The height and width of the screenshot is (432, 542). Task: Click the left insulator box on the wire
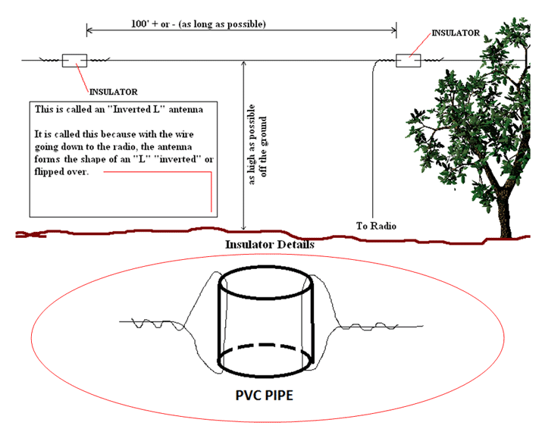[74, 61]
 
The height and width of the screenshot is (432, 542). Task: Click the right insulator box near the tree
[409, 61]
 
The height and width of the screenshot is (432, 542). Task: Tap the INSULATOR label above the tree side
[456, 33]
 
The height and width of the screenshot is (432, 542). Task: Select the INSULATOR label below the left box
[114, 92]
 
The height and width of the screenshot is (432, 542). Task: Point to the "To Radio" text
[376, 226]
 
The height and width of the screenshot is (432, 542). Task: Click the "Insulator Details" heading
[270, 245]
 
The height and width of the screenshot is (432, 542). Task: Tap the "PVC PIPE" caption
[264, 395]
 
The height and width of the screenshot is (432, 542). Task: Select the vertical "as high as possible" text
[252, 145]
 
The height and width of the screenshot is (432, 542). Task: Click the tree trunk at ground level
[506, 232]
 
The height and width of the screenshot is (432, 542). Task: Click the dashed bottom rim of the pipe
[265, 346]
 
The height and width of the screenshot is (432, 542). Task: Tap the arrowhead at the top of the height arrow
[243, 64]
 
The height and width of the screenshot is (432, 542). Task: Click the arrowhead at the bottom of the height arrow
[243, 227]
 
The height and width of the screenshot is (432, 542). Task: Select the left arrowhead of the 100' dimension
[89, 30]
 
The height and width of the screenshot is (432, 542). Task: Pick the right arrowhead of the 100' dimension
[393, 30]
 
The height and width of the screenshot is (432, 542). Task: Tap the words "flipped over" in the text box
[61, 172]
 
